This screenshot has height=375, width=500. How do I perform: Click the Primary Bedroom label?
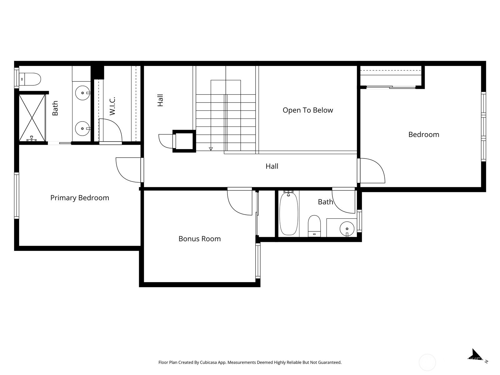coord(80,198)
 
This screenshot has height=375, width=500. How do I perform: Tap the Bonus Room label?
coord(200,239)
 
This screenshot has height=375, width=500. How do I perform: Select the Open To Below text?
coord(308,110)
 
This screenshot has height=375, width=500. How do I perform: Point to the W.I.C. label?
coord(112,106)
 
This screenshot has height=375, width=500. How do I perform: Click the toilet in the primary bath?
coord(30,79)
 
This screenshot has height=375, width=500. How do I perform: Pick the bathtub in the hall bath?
coord(289,213)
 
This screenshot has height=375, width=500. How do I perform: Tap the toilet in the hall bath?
coord(314,226)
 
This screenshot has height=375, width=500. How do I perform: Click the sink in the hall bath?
coord(347,229)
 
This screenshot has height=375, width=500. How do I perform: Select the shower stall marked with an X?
coord(32,118)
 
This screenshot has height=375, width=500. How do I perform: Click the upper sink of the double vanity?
coord(83,93)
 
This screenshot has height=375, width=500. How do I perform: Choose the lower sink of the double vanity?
coord(83,129)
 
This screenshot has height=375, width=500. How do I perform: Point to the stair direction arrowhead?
coord(211,149)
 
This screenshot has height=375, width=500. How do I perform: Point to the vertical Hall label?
coord(160,100)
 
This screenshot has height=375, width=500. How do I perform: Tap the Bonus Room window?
coord(258,261)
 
